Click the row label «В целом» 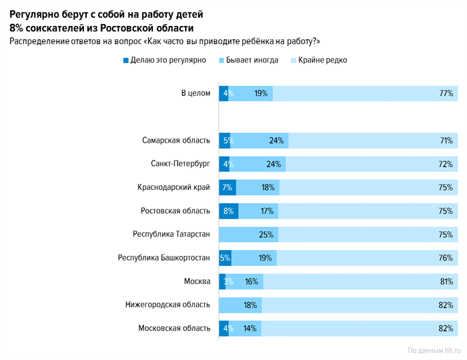pos(196,93)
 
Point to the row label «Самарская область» pos(176,141)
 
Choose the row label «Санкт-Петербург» pos(181,164)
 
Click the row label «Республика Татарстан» pos(171,235)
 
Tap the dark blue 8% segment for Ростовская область pos(229,211)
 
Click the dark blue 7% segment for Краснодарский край pos(227,187)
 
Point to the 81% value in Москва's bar pos(446,281)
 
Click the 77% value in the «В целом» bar pos(446,93)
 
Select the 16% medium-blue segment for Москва pos(252,281)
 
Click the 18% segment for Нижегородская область pos(252,305)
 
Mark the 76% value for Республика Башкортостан pos(446,258)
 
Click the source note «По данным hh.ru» pos(434,349)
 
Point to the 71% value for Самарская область pos(446,141)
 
